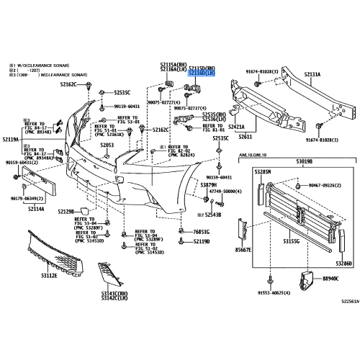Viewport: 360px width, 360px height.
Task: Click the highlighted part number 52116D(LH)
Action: tap(203, 73)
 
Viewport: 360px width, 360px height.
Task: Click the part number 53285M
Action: tap(262, 173)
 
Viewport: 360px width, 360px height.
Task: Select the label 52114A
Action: tap(37, 210)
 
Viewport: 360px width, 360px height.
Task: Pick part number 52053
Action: tap(107, 145)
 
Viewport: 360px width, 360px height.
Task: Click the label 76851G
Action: tap(201, 232)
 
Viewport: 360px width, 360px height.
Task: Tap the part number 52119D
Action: tap(201, 242)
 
